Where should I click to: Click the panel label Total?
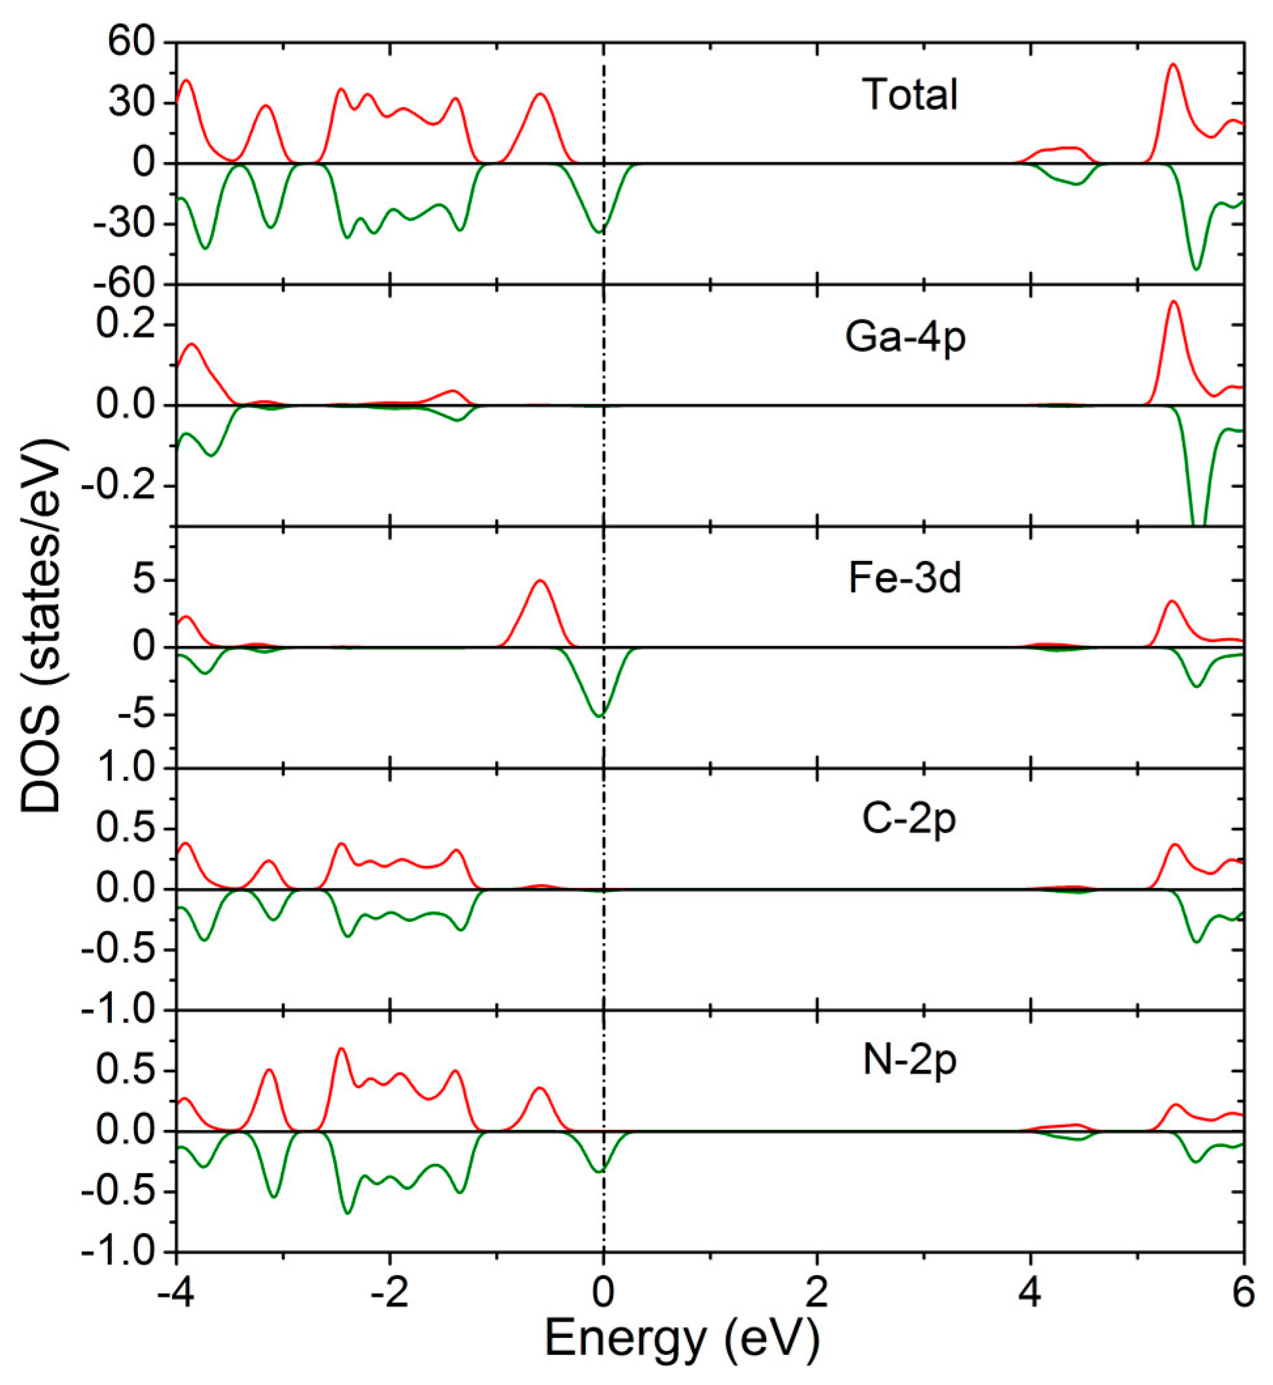(x=909, y=94)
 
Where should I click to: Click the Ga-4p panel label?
(x=905, y=337)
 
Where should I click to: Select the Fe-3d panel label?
(x=905, y=579)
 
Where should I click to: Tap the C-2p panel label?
(x=909, y=819)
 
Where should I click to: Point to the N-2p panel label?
(x=909, y=1061)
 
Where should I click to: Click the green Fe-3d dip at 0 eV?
(x=601, y=716)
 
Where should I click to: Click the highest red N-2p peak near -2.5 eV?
(x=340, y=1049)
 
